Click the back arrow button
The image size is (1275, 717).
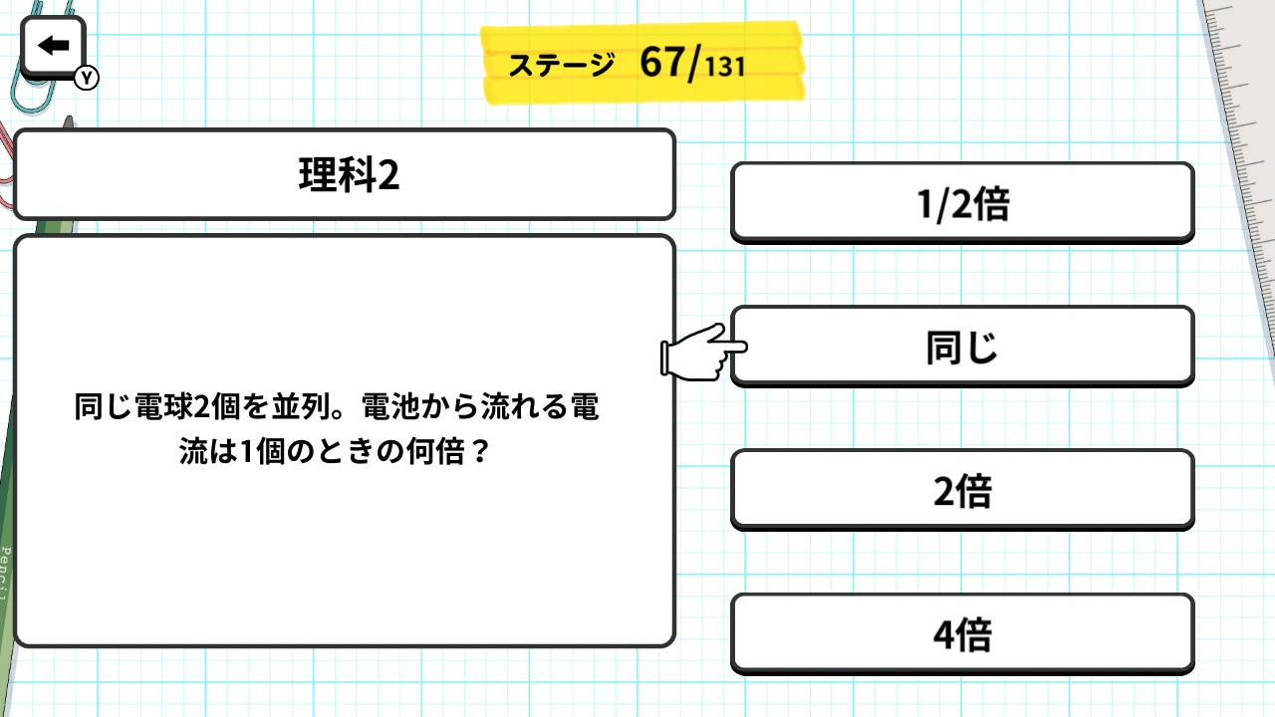coord(53,47)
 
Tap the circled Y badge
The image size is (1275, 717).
coord(87,78)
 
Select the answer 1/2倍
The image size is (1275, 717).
coord(962,203)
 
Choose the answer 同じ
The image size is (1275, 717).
coord(962,347)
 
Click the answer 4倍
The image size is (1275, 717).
coord(962,634)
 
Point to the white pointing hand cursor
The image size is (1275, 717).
coord(703,353)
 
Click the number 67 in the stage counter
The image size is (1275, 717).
coord(662,62)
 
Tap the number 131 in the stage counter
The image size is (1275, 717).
coord(725,67)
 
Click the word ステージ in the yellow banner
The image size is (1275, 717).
coord(561,65)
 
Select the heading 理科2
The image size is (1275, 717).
coord(349,174)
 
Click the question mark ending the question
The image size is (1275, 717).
coord(481,452)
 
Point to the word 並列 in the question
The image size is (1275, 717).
coord(301,407)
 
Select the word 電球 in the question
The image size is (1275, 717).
coord(164,407)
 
